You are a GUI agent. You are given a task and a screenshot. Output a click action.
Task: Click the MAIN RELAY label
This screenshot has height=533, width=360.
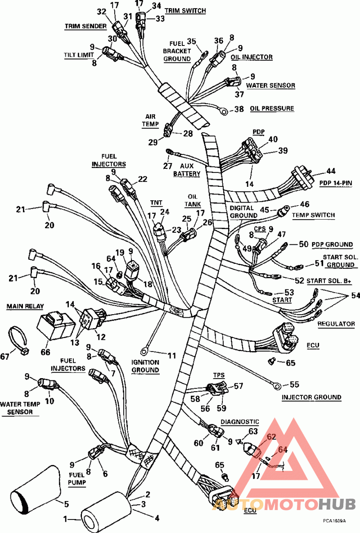click(x=25, y=306)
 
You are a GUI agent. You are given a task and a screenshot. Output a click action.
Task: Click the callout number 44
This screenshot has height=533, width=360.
click(x=331, y=171)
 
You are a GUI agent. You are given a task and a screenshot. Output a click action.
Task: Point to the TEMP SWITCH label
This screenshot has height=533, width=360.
click(x=313, y=215)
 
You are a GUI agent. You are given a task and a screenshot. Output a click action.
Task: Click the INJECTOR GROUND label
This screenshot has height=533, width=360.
click(x=311, y=397)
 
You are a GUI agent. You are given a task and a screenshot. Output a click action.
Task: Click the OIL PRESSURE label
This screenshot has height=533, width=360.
click(x=272, y=108)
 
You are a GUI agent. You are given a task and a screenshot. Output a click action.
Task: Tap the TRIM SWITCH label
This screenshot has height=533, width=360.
click(x=185, y=10)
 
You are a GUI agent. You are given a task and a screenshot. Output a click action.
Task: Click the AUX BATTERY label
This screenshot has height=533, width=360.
click(x=186, y=170)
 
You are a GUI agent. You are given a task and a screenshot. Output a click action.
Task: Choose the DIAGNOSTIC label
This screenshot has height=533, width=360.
click(x=240, y=422)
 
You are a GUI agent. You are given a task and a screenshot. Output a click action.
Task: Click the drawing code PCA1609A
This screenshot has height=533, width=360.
click(x=334, y=520)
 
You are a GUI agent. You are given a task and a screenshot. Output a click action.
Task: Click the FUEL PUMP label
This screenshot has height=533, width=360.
click(x=78, y=478)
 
